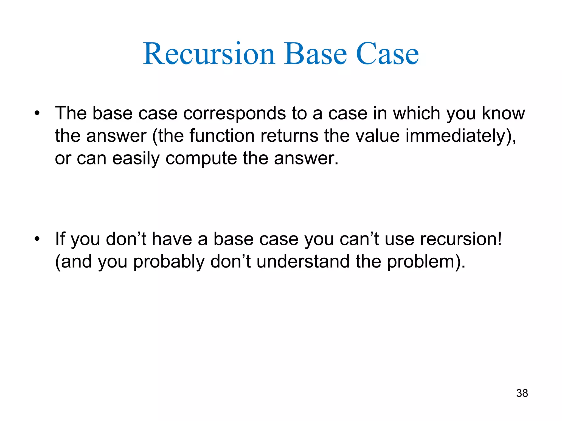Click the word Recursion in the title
[209, 54]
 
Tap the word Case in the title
[387, 54]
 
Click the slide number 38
[522, 393]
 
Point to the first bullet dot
[37, 113]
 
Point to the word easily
[136, 158]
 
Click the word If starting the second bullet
[60, 239]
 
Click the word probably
[169, 262]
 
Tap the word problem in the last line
[421, 262]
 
